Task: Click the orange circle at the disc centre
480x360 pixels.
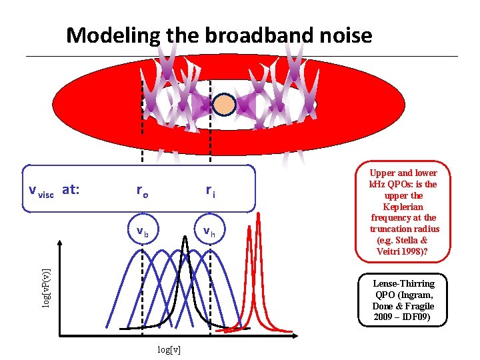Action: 225,104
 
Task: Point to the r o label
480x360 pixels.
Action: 142,191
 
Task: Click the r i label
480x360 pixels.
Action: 210,191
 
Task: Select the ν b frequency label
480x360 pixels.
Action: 142,232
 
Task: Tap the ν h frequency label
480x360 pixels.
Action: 210,232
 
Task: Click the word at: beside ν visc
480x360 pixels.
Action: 71,189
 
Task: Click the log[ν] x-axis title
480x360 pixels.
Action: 169,349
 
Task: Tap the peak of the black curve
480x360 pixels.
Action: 187,237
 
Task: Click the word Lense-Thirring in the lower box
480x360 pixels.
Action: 404,284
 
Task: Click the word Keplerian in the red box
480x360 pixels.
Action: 404,207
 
